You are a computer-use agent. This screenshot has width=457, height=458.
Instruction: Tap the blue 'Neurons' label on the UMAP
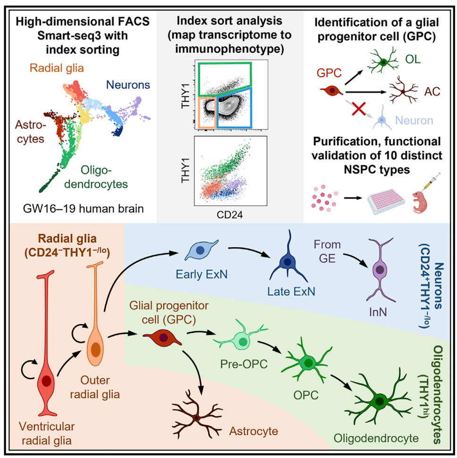[128, 85]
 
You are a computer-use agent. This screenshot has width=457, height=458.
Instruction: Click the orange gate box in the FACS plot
[206, 111]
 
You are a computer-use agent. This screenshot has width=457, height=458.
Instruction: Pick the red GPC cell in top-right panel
[331, 90]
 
